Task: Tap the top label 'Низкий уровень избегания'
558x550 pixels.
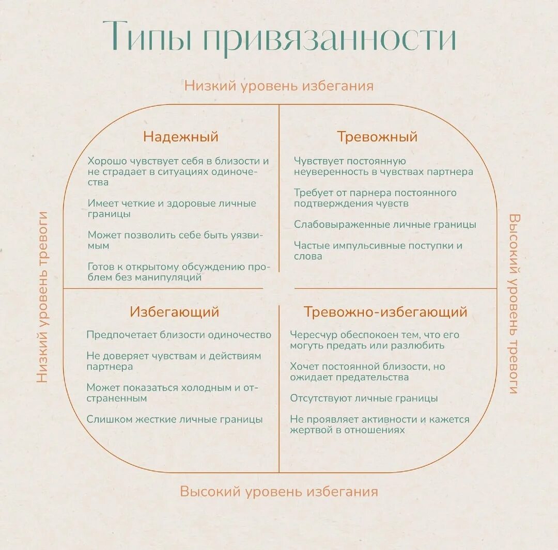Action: [x=279, y=85]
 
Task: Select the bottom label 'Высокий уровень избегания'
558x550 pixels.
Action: [x=279, y=491]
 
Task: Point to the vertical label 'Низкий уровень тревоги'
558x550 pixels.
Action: [x=42, y=297]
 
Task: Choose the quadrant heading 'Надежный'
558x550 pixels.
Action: [x=181, y=137]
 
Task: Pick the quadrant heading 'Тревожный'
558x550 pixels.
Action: [x=377, y=137]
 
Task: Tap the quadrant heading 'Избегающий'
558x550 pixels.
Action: [x=175, y=312]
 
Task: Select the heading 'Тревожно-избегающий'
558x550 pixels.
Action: [x=385, y=312]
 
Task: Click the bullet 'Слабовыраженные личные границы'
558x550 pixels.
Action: [x=385, y=225]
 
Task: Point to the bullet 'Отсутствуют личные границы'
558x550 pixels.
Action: [x=364, y=398]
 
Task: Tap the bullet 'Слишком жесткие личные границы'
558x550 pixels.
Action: [x=175, y=419]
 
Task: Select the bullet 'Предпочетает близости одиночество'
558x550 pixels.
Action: [x=179, y=335]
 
